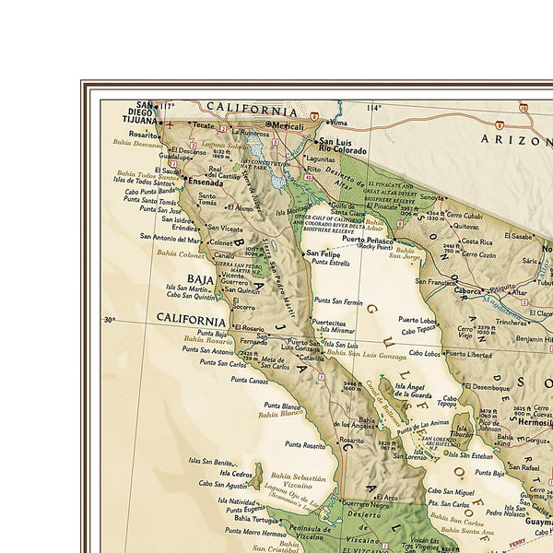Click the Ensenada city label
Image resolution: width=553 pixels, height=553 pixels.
(x=206, y=182)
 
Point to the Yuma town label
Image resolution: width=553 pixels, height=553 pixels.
(x=340, y=122)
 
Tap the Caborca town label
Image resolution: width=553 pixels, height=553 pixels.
(x=469, y=289)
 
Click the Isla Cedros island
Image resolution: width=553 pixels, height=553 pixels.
(x=256, y=476)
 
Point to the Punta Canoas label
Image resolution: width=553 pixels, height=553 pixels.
(x=250, y=380)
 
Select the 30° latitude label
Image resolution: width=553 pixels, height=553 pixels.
(x=110, y=320)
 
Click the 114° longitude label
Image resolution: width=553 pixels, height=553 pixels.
(x=373, y=108)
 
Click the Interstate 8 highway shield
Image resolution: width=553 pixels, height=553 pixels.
(x=314, y=117)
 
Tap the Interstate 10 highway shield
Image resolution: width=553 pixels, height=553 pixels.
(x=523, y=108)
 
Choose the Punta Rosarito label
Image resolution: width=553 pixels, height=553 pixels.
(x=305, y=445)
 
